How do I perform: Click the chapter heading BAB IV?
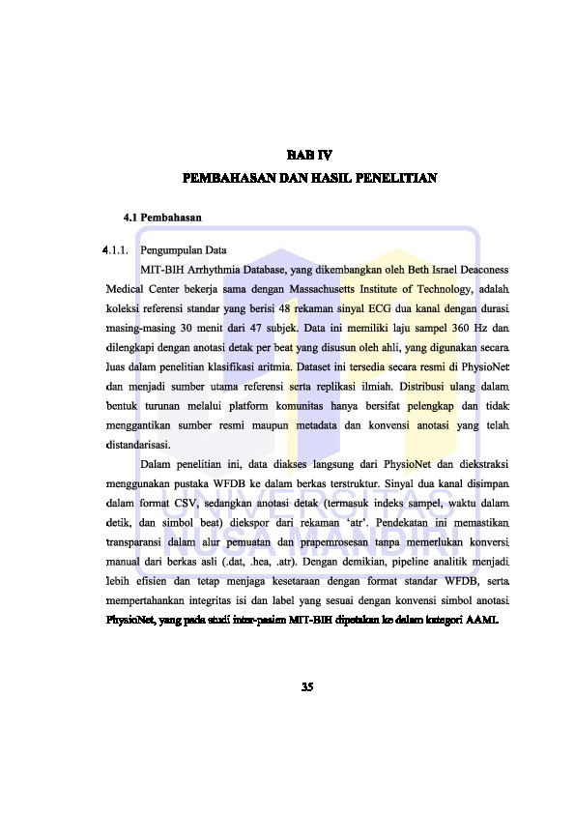(308, 154)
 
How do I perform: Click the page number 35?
(307, 688)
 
